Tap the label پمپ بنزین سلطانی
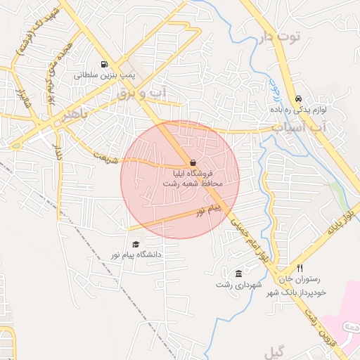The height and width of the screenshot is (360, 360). pos(105,72)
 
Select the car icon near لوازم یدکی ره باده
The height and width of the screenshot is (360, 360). pos(300,99)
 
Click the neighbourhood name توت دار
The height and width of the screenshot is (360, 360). pos(279,37)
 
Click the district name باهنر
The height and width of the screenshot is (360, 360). pos(77,116)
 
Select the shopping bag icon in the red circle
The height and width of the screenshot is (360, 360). pos(193,162)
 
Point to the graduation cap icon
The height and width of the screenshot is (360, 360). pos(135,244)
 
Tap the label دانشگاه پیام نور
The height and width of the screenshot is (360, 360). pos(135,254)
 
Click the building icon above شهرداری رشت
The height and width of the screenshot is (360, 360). pos(239,274)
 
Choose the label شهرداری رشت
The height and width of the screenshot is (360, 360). pos(239,284)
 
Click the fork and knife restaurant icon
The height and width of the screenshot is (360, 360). pos(300,268)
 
